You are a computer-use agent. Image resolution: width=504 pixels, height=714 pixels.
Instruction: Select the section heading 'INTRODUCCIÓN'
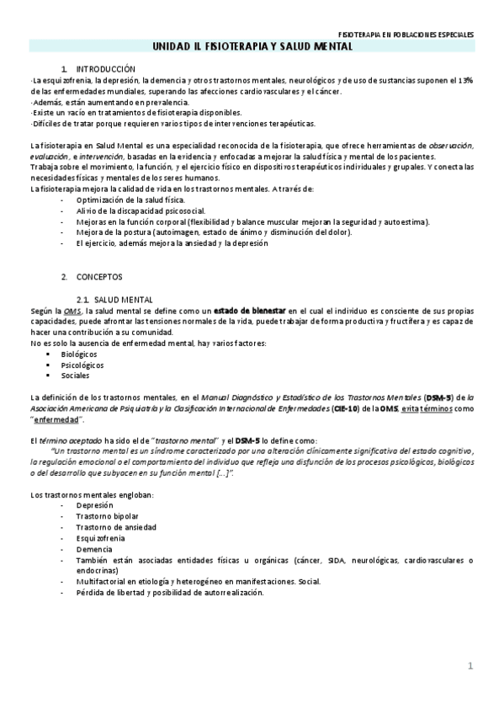pos(105,67)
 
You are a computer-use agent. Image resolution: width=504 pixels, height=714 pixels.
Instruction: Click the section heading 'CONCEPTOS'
pos(99,276)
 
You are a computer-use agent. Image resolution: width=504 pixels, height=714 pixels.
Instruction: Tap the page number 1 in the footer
pos(471,667)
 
